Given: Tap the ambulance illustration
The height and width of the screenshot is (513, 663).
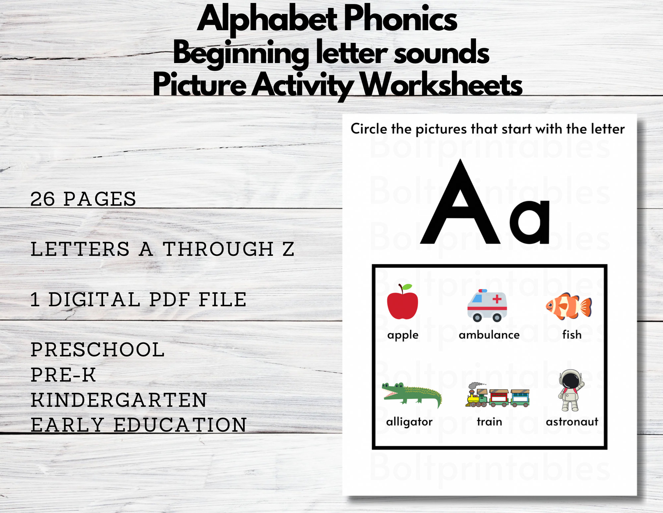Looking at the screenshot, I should [x=487, y=306].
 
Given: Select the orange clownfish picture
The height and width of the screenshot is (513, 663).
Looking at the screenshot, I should [x=569, y=306].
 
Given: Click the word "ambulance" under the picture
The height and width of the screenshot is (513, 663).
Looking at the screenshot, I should [x=489, y=335].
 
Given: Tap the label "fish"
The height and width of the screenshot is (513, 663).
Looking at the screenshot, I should [x=572, y=334].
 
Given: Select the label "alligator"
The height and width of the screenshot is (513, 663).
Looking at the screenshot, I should [x=409, y=422].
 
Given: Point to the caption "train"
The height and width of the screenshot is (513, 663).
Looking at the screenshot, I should [x=489, y=422].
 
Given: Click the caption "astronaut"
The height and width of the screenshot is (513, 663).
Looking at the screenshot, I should [x=572, y=422].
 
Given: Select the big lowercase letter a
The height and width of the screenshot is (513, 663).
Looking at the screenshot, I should [x=530, y=222].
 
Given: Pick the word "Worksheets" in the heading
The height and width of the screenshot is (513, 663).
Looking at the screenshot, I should [x=441, y=85].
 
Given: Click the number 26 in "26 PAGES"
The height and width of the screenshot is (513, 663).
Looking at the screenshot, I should [x=42, y=199].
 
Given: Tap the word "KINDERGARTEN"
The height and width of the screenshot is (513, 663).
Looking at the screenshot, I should [x=119, y=400].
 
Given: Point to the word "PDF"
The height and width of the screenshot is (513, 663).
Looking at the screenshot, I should [x=169, y=299].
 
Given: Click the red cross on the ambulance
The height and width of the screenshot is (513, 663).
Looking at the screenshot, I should [x=497, y=299].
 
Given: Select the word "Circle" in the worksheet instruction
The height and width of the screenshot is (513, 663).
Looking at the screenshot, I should [x=369, y=129].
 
